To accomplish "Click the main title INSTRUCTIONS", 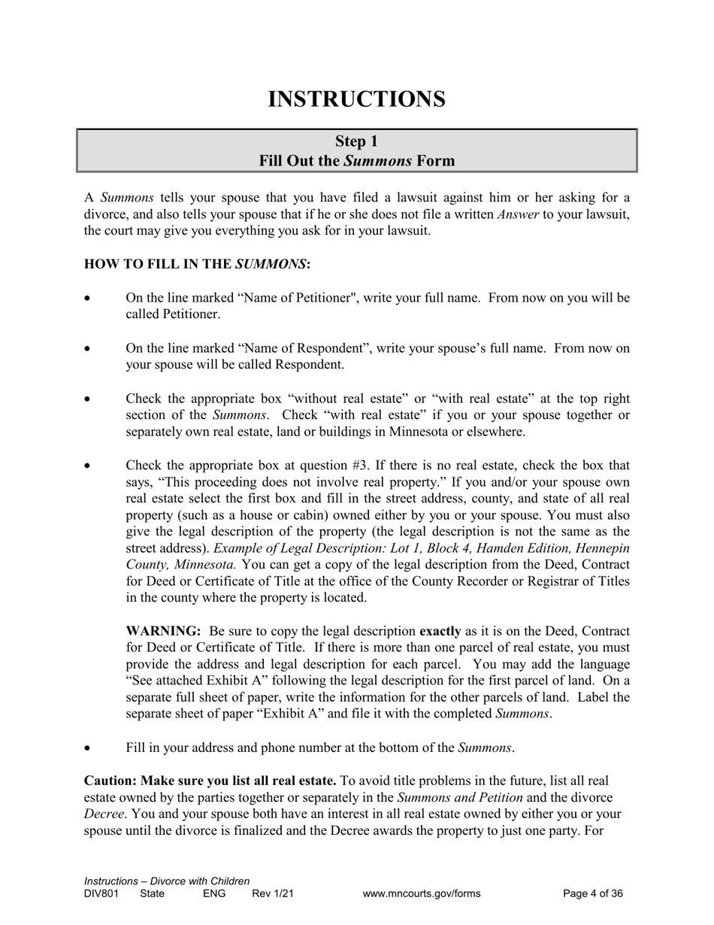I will point(356,99).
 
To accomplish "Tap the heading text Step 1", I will point(356,141).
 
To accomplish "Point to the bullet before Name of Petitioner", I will point(89,299).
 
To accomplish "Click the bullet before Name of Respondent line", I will point(89,349).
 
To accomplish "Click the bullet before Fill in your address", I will point(89,748).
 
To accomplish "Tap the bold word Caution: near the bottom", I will point(110,781).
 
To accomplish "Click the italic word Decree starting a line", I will point(103,814).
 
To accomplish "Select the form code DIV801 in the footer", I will point(101,894).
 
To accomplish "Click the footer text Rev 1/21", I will point(273,894).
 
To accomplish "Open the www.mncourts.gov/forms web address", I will point(421,894).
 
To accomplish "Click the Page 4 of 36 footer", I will point(593,894).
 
